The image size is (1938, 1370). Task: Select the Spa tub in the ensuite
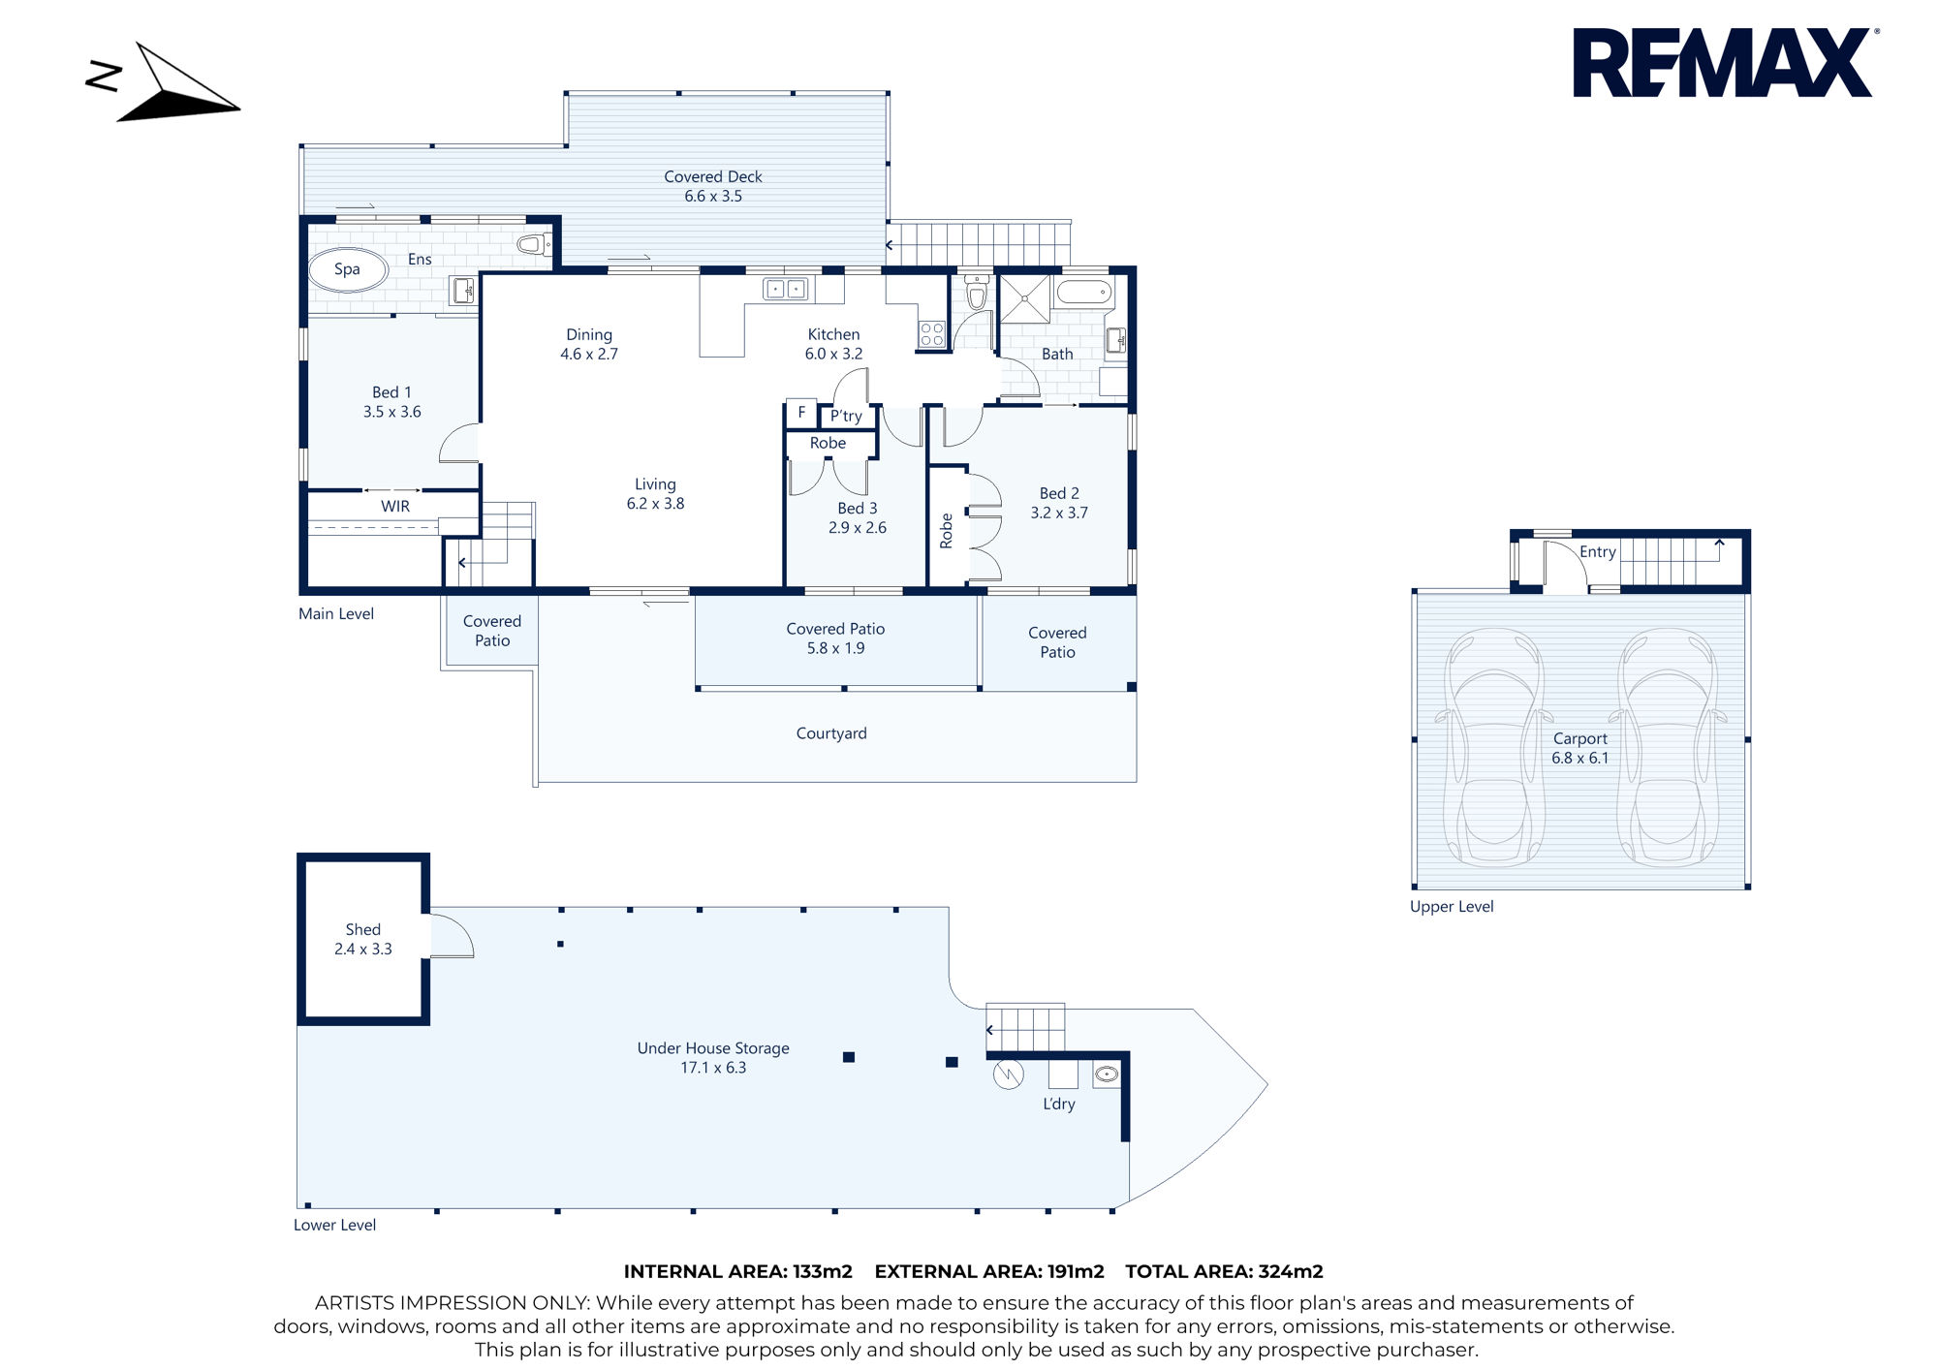click(348, 269)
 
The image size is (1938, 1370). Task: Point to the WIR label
click(395, 506)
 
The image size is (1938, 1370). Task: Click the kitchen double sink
click(786, 289)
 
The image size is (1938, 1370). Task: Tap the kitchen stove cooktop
click(931, 334)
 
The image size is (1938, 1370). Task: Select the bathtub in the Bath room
click(1083, 292)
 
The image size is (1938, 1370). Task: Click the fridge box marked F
click(801, 413)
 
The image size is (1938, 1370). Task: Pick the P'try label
click(846, 416)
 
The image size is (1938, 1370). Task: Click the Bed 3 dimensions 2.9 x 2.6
click(858, 528)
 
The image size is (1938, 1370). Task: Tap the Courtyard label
click(831, 733)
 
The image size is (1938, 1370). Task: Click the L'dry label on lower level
click(1059, 1104)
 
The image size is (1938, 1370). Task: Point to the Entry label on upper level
click(1598, 551)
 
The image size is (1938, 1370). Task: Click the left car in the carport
click(1493, 746)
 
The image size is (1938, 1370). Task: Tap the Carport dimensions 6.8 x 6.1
click(1580, 758)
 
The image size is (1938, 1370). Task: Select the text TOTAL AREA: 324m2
click(1224, 1271)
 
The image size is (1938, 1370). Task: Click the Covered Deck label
click(713, 176)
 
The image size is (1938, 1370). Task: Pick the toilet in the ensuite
click(534, 244)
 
